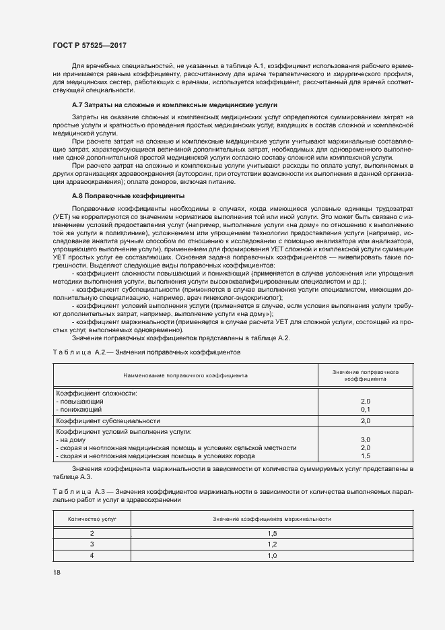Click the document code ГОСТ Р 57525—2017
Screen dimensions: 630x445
(x=90, y=45)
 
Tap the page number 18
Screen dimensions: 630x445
(x=56, y=573)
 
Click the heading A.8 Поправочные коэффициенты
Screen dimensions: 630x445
(x=128, y=195)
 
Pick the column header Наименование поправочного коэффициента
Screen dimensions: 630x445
(x=185, y=375)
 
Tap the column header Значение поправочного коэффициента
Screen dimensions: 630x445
(x=366, y=375)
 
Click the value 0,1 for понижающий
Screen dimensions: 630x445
(x=366, y=409)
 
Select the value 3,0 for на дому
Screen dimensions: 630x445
(x=366, y=439)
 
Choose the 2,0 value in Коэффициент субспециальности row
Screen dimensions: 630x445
(x=366, y=421)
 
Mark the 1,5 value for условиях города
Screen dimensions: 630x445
(x=366, y=456)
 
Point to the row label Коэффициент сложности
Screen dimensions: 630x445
(x=96, y=392)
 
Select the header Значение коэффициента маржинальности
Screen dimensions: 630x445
(x=272, y=519)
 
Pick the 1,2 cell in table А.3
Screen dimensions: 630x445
(x=272, y=544)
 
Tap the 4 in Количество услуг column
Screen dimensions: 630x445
(x=92, y=555)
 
